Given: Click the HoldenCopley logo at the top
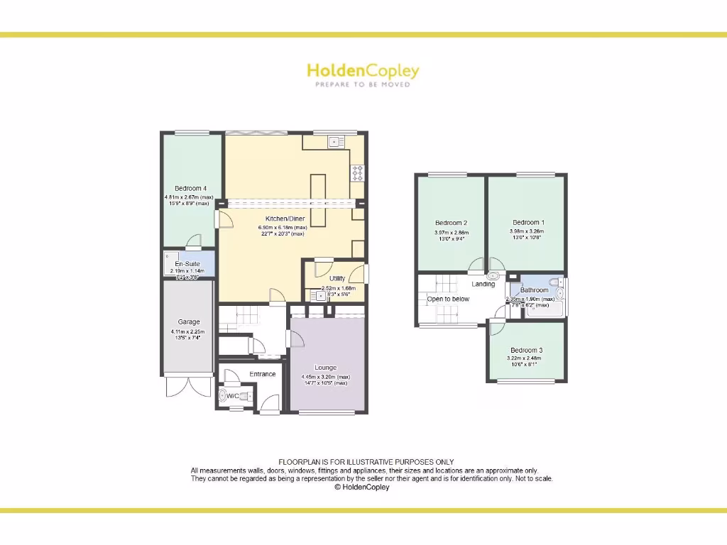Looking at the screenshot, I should point(363,71).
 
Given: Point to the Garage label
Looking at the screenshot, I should point(189,322).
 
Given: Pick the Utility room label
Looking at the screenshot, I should point(337,279).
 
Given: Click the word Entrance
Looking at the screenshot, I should point(263,374).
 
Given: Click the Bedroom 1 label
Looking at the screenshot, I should point(525,222).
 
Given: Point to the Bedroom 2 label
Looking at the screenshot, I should point(451,223).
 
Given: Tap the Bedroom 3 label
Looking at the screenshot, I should point(526,351).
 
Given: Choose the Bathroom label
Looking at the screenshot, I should point(535,290).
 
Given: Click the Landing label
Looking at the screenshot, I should point(483,285).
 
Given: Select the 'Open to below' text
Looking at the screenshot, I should point(448,299).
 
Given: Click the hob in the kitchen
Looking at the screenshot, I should point(358,172).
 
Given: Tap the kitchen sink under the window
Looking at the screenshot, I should point(335,142).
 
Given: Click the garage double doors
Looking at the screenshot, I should point(189,386).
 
